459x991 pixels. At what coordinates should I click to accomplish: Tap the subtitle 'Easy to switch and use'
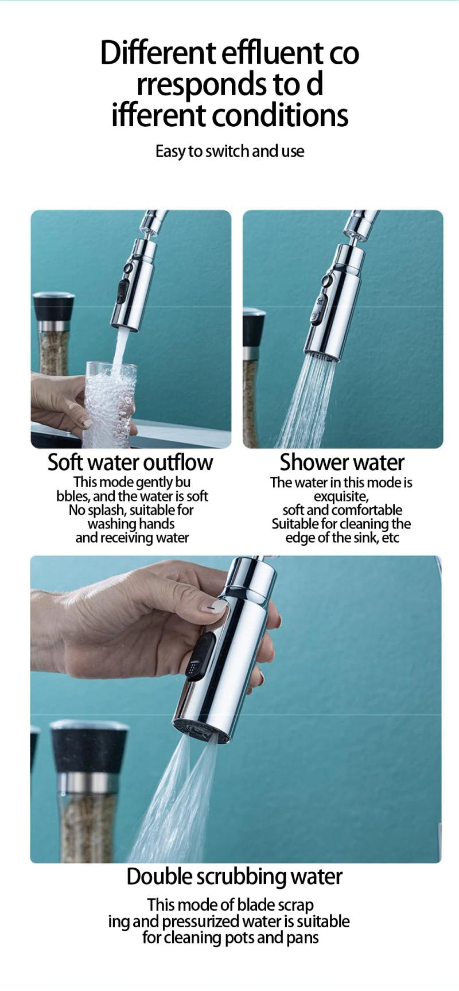coord(229,151)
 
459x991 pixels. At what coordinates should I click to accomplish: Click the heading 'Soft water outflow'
coord(130,462)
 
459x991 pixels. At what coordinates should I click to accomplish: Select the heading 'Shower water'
coord(342,462)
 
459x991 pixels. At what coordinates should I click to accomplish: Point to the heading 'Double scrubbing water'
coord(234,876)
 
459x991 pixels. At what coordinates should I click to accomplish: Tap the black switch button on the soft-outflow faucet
coord(122,291)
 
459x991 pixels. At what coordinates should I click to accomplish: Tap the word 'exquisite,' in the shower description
coord(341,496)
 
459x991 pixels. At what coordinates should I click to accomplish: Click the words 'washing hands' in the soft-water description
coord(131,524)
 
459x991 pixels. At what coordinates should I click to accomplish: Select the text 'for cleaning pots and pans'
coord(230,937)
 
